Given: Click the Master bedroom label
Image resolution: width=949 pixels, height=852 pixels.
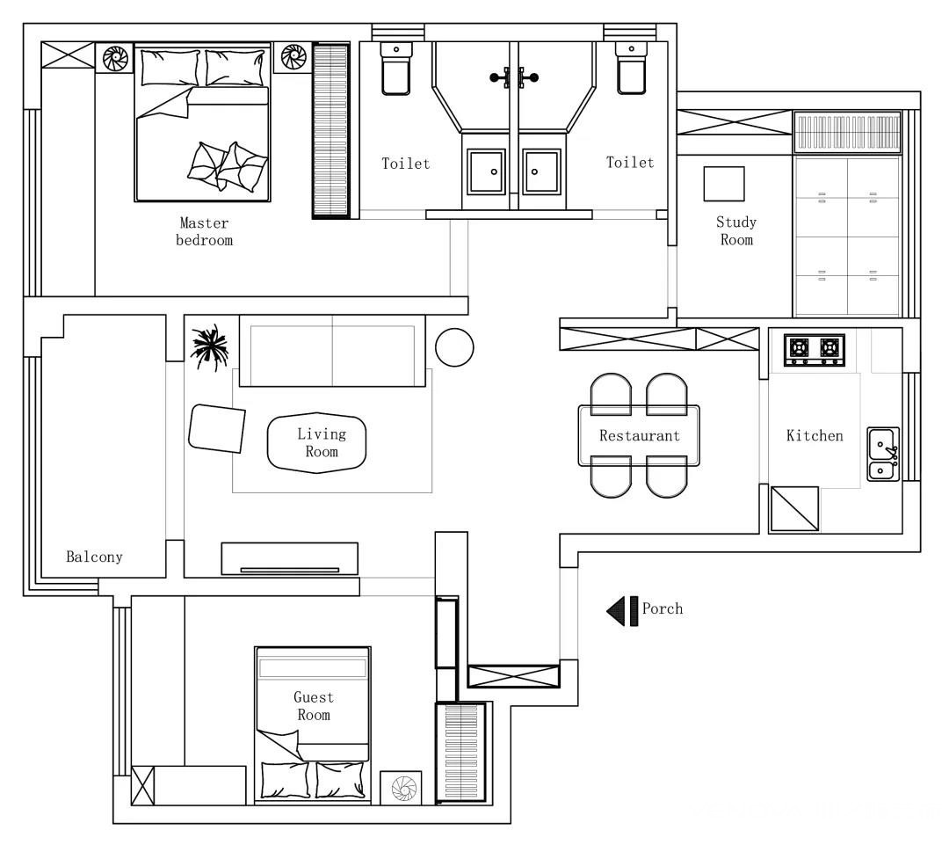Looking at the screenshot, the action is [x=204, y=232].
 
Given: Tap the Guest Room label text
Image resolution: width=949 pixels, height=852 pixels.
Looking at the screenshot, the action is [x=314, y=706].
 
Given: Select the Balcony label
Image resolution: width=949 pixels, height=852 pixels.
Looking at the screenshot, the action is [x=94, y=557].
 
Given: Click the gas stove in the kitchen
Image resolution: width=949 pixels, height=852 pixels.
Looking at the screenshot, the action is [x=815, y=350].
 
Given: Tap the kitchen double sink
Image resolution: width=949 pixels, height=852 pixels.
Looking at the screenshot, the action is [x=884, y=455].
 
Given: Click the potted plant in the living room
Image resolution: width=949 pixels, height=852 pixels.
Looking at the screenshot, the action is [x=209, y=347].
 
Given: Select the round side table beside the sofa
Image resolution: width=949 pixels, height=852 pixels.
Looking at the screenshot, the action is [x=454, y=347].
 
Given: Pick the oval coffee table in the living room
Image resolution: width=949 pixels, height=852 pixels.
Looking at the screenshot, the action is [x=316, y=442].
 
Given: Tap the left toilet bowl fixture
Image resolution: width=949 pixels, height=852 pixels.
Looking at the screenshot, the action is [x=396, y=69].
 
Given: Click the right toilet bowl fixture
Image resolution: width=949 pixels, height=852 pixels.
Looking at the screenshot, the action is [x=631, y=69].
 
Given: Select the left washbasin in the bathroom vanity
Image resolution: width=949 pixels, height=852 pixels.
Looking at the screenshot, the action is [x=486, y=172].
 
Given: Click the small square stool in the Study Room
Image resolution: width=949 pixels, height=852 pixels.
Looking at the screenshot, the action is [x=724, y=184].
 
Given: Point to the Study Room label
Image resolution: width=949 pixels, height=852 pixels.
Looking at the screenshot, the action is [x=736, y=230].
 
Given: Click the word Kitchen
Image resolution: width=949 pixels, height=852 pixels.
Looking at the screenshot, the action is [x=815, y=435].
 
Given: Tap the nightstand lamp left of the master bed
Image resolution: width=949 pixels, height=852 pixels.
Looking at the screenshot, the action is [x=115, y=58].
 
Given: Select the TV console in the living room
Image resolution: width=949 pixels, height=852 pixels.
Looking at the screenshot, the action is [x=290, y=558].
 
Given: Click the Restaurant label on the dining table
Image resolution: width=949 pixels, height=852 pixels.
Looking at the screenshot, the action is [x=640, y=435].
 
